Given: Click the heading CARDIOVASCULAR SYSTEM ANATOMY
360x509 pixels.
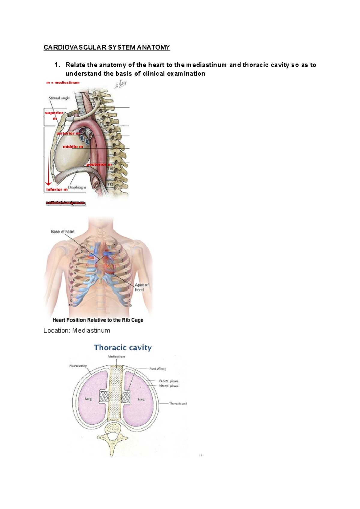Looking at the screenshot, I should pos(107,47).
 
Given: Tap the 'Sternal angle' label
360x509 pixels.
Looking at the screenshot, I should pos(59,98).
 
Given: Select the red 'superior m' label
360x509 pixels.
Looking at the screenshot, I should pos(54,115).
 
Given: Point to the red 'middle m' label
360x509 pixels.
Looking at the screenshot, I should pos(73,147).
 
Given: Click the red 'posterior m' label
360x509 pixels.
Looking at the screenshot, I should pos(99,165).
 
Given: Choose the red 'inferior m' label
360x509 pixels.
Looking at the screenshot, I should pos(57,189).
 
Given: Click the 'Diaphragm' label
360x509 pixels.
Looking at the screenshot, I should pos(77,187).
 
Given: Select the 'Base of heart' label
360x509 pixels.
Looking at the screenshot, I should pos(63,232).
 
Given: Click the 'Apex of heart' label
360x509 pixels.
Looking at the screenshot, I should pos(141,287).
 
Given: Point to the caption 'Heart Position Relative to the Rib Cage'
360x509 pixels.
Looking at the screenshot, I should pos(98,320).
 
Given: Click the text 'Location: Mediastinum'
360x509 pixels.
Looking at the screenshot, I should pos(77,330).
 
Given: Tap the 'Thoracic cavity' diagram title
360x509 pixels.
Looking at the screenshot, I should pos(123,347).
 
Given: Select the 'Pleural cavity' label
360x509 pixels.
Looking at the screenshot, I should pos(78,366).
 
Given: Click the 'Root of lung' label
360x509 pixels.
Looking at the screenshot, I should pos(157,368).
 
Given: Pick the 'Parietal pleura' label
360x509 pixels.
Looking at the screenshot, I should pos(169,381).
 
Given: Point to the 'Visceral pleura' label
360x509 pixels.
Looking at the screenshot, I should pos(169,386).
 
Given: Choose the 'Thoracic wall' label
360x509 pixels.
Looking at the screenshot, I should pos(178,403).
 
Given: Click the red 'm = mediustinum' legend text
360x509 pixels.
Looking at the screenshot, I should pos(63,82).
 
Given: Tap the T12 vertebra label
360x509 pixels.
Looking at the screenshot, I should pos(110,184).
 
